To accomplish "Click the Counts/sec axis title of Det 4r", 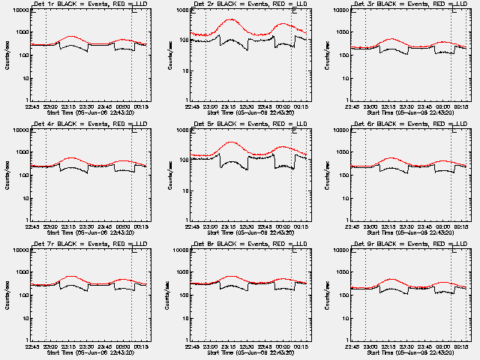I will (x=7, y=174).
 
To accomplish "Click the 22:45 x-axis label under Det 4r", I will (x=31, y=224).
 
